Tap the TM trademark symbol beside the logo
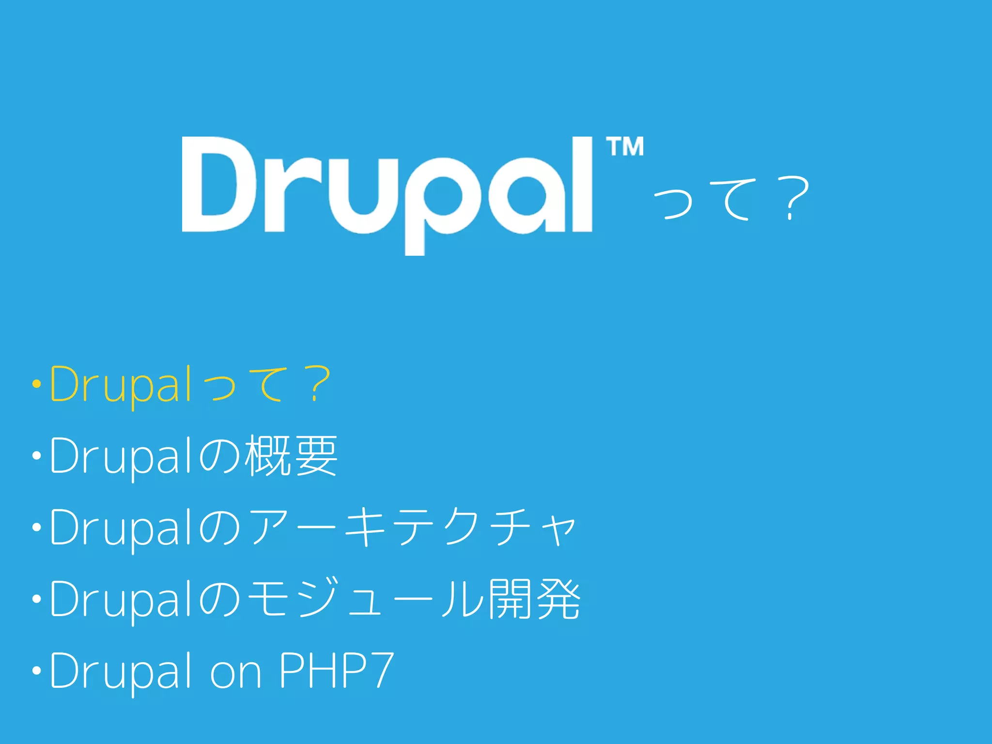pos(625,147)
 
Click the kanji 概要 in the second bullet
pos(291,455)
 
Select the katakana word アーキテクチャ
pos(412,527)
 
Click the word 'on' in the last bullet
pos(235,674)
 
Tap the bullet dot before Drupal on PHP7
pos(36,671)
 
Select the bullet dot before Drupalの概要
pos(36,456)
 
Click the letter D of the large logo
pos(218,184)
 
